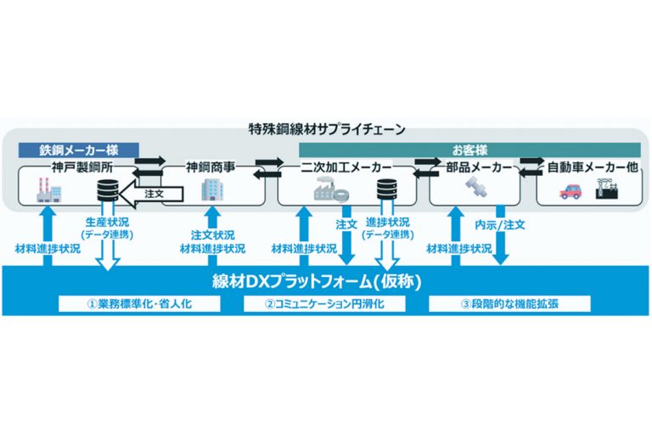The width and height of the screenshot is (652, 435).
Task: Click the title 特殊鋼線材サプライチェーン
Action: coord(327,129)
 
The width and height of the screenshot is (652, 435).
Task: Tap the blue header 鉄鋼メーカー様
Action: coord(79,150)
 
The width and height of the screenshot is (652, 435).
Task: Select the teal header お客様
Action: coord(469,150)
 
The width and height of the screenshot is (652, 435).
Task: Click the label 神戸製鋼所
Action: coord(81,167)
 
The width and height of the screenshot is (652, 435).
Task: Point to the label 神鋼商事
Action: coord(211,167)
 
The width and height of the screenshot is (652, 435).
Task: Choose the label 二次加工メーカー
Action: coord(346,167)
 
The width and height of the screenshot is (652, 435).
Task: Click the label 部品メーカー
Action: coord(479,167)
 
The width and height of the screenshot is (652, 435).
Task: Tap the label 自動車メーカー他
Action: coord(593,167)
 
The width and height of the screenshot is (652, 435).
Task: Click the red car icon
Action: coord(570,191)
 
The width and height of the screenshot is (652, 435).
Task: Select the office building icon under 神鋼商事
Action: coord(212,190)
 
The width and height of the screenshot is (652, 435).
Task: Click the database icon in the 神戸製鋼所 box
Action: coord(108,190)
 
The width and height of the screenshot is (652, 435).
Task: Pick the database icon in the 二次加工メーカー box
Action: coord(387,189)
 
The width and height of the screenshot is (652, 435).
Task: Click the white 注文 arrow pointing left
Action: coord(154,194)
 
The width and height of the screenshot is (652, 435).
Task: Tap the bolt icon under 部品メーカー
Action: coord(476,187)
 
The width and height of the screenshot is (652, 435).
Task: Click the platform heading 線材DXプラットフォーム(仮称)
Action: coord(317,282)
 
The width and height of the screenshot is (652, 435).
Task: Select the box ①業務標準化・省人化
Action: coord(139,304)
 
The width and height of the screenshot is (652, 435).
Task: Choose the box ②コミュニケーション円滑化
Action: coord(324,304)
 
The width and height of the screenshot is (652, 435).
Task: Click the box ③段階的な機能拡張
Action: coord(509,304)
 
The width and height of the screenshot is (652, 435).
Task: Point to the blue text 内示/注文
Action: coord(499,225)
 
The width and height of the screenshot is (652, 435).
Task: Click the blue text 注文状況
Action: coord(212,235)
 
